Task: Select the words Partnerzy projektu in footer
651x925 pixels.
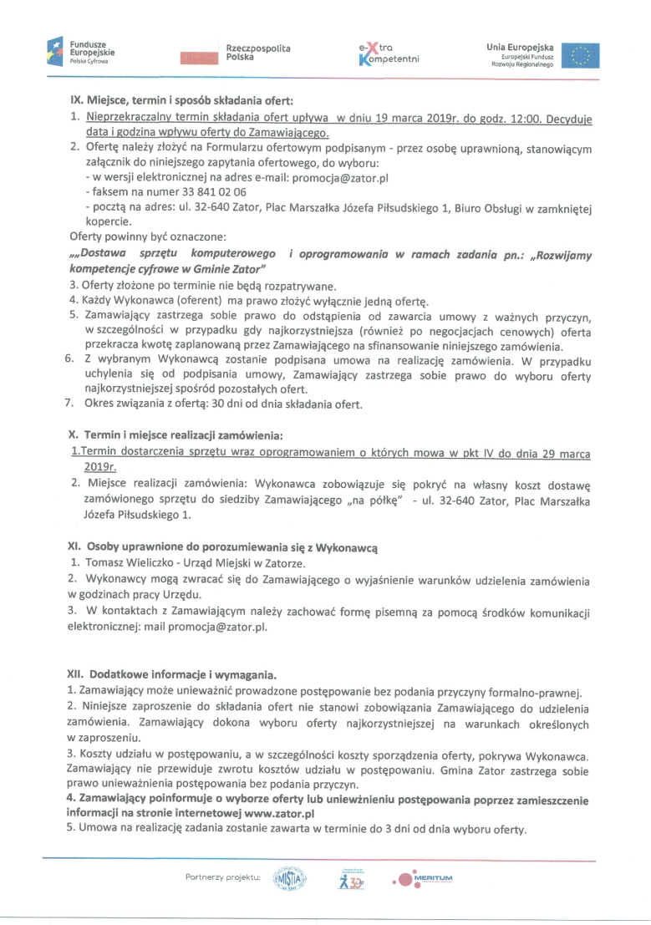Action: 224,877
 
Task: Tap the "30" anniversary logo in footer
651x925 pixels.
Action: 351,878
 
